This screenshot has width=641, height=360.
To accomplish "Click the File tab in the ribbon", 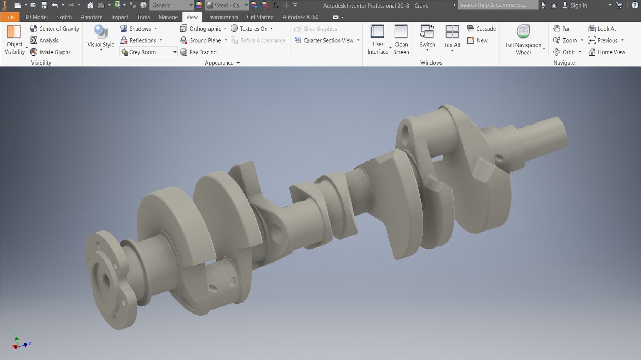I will coord(9,17).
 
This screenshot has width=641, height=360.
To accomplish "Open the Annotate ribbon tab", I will coord(91,17).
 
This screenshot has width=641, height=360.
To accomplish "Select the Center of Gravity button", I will coord(55,29).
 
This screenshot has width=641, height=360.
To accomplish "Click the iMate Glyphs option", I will coord(51,52).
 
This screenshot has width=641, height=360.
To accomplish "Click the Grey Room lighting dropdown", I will coord(148,52).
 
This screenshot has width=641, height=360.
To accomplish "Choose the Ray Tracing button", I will coord(199,52).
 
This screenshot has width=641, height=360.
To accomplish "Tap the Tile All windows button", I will coord(452,37).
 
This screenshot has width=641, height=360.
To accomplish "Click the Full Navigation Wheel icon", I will coord(523,32).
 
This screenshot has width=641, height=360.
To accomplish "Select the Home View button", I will coord(607,52).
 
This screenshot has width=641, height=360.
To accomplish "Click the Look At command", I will coord(603,29).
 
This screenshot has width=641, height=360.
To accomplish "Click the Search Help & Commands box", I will coord(497,5).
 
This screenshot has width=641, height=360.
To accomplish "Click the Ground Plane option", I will coord(201,40).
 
